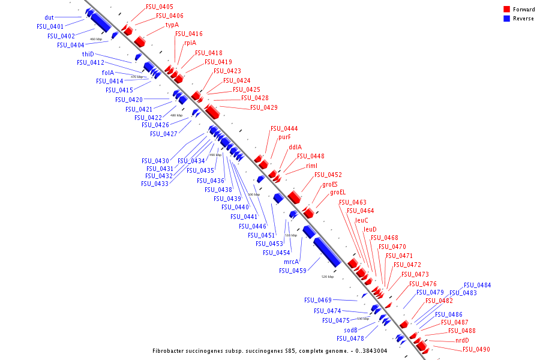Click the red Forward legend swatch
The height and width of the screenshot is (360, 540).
(x=506, y=10)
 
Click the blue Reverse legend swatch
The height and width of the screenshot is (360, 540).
(x=506, y=19)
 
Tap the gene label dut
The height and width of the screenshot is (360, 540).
(x=49, y=17)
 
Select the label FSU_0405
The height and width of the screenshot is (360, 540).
(x=160, y=7)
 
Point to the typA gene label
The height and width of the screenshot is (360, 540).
(x=172, y=25)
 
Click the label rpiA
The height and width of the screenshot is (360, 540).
(x=190, y=43)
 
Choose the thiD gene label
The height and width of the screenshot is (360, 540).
(x=88, y=54)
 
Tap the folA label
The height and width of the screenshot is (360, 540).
(x=108, y=73)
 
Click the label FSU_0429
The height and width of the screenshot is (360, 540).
(x=264, y=107)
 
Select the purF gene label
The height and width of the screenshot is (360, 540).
(x=284, y=137)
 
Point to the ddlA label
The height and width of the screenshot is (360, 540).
(x=295, y=147)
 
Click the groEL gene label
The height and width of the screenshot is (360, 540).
(x=338, y=193)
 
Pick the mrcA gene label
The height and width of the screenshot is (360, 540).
(x=291, y=262)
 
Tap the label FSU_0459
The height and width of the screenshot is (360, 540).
(x=293, y=271)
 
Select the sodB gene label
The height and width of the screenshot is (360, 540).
(x=350, y=330)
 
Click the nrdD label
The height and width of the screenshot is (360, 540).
(x=462, y=340)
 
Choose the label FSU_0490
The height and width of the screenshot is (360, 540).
(x=476, y=349)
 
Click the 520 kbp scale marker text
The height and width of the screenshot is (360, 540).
(x=328, y=277)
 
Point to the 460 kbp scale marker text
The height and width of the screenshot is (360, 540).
(x=96, y=39)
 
